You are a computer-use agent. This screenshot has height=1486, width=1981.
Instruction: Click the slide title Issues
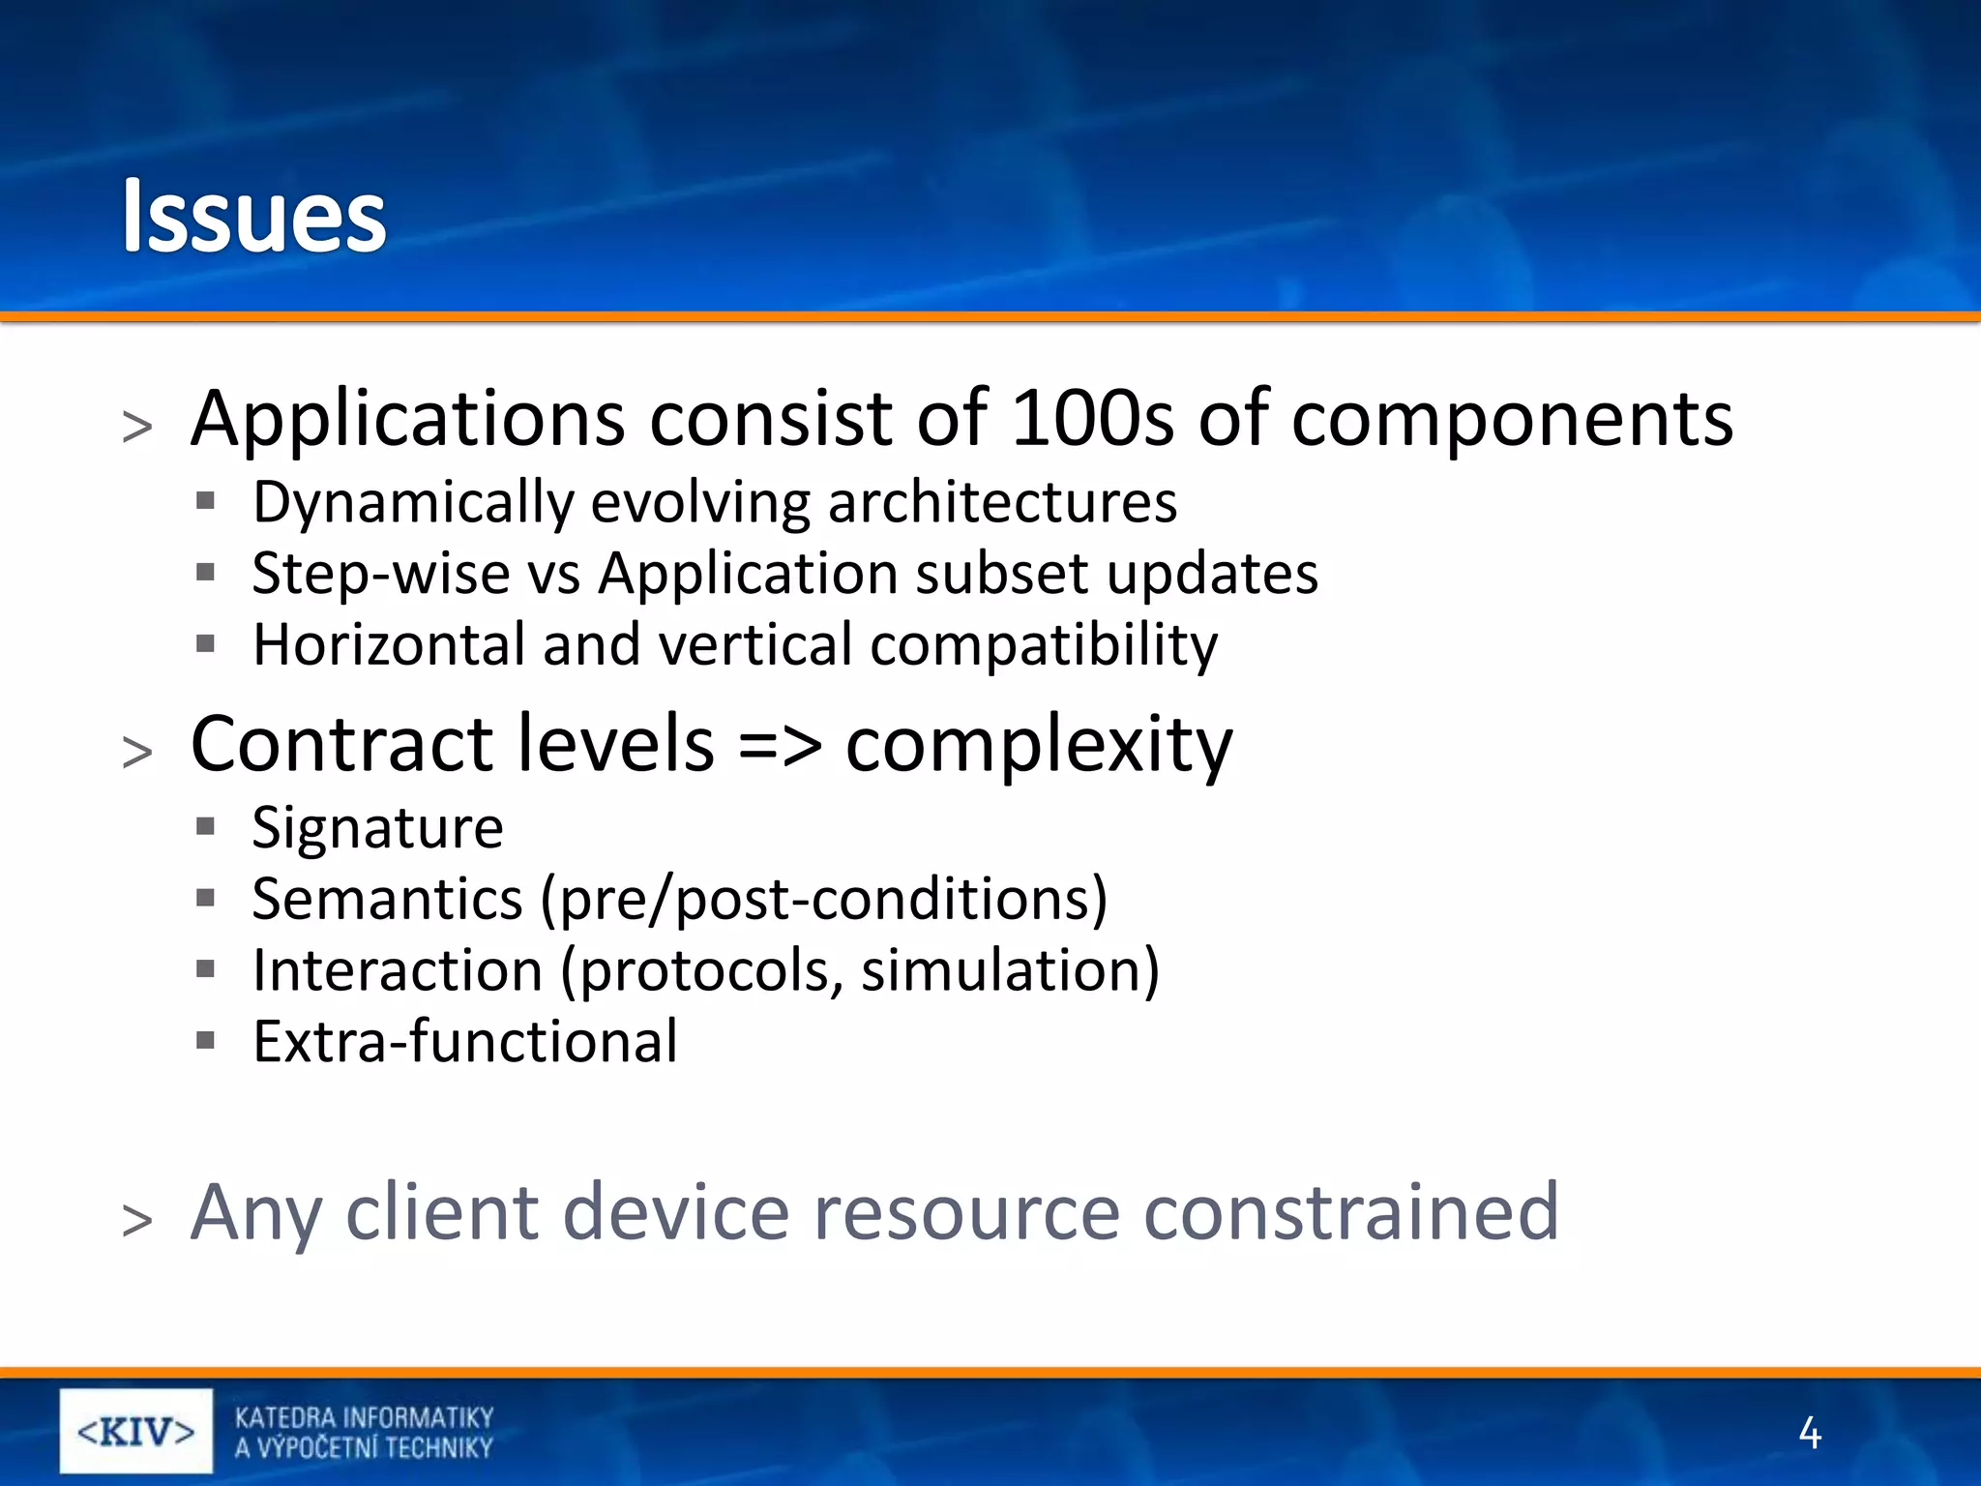click(x=253, y=216)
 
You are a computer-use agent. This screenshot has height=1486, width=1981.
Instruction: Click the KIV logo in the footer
click(x=135, y=1431)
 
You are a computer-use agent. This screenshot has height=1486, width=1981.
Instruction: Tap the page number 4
click(x=1809, y=1433)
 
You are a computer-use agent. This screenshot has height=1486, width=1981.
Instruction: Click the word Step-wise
click(x=380, y=574)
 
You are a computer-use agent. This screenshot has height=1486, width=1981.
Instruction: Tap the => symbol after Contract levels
click(x=780, y=744)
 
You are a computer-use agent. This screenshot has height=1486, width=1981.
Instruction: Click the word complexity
click(x=1039, y=745)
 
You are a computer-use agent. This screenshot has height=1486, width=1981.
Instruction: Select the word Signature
click(x=377, y=828)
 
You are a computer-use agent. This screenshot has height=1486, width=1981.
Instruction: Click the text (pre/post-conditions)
click(x=823, y=900)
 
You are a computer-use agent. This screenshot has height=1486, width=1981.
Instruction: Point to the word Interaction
click(x=398, y=970)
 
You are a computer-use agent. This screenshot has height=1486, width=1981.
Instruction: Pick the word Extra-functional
click(x=465, y=1042)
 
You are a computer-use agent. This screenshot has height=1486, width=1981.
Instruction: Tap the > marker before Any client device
click(x=137, y=1218)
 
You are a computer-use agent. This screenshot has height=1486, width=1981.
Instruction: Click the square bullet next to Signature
click(x=204, y=826)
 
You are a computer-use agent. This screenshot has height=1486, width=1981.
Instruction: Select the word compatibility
click(x=1044, y=644)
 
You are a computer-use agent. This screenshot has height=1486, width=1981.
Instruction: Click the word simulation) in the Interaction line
click(x=1010, y=970)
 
